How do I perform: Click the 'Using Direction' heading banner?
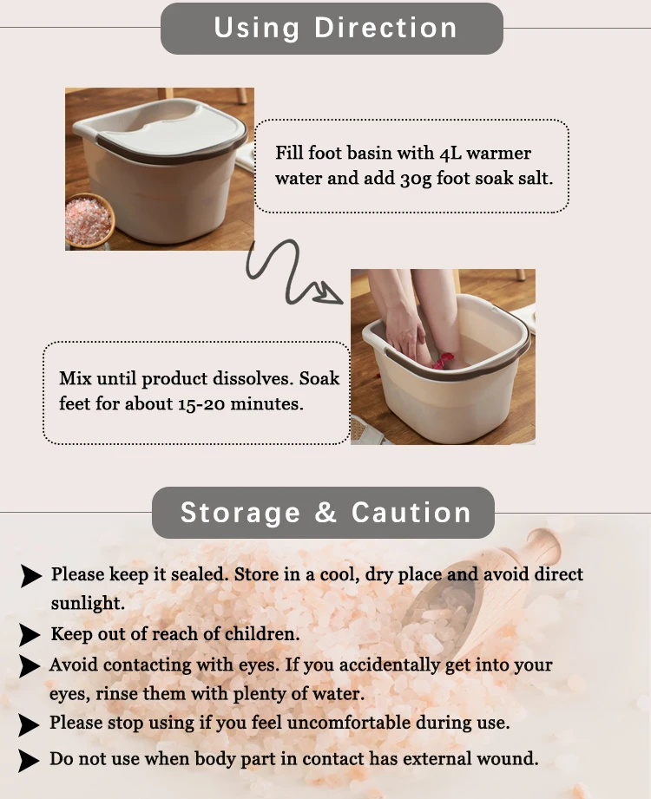coord(332,28)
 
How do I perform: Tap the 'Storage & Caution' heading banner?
coord(324,512)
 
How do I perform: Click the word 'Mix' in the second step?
coord(74,379)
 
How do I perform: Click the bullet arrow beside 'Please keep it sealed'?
coord(31,576)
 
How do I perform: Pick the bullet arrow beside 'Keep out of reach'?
coord(31,635)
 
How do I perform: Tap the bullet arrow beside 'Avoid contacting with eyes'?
coord(31,666)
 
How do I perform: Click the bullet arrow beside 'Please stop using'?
coord(31,724)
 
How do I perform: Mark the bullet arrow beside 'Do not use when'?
coord(31,761)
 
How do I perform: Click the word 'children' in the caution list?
coord(261,634)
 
